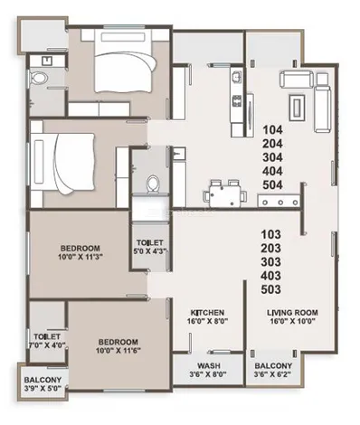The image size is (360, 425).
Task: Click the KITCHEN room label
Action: [x=207, y=313]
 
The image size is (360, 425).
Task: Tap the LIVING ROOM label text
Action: [x=292, y=313]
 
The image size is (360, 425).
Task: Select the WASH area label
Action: [x=209, y=366]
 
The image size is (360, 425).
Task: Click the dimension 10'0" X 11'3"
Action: [x=81, y=257]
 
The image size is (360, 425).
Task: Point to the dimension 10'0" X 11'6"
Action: [x=118, y=351]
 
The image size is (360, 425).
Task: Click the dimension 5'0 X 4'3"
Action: [x=150, y=251]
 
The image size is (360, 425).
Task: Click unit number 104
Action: [x=272, y=130]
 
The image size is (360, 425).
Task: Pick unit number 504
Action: [x=272, y=185]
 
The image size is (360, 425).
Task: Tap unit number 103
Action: [x=271, y=234]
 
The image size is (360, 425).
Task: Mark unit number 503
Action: [x=271, y=289]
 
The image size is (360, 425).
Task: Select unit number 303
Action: [x=271, y=262]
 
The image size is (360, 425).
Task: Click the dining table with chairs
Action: [x=225, y=194]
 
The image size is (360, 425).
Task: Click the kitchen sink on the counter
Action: [x=236, y=75]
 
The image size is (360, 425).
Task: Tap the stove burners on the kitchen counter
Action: [x=236, y=100]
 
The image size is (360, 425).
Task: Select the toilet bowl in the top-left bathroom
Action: [x=39, y=78]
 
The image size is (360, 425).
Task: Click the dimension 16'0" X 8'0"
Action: [x=207, y=321]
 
